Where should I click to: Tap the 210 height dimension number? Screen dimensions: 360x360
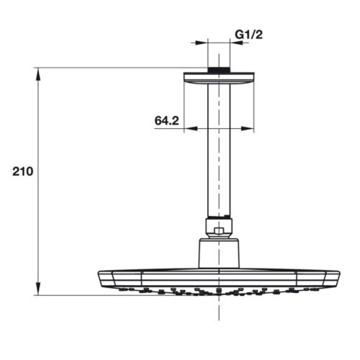(x=23, y=172)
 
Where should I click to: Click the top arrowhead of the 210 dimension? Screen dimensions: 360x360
(x=37, y=73)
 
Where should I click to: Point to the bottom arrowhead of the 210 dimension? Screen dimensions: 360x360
(x=37, y=290)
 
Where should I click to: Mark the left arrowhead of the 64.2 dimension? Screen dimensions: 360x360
(x=188, y=130)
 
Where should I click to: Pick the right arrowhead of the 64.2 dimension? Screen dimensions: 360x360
(x=250, y=130)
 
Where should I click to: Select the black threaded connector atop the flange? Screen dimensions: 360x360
(x=219, y=70)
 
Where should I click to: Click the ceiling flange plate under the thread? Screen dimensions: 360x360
(x=219, y=78)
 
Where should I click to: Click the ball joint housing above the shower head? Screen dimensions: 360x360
(x=219, y=253)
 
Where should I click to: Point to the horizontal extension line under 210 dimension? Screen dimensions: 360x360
(x=72, y=294)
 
